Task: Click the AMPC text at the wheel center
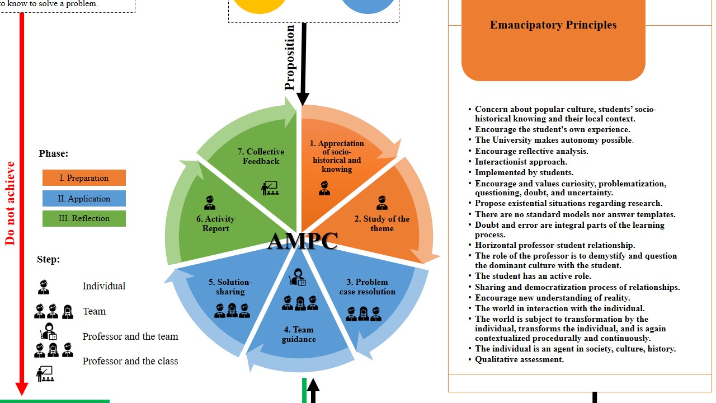tap(303, 241)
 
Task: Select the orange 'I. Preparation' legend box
tap(84, 178)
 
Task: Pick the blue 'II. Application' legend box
tap(84, 199)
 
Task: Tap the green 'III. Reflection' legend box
tap(84, 218)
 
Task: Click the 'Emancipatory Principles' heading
tap(553, 25)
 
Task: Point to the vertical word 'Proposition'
tap(289, 57)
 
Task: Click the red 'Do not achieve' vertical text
tap(10, 203)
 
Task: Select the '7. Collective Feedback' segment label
tap(261, 156)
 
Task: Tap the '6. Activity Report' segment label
tap(215, 223)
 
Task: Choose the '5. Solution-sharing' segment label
tap(230, 287)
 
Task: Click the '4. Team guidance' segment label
tap(299, 334)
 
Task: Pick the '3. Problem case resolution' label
tap(367, 287)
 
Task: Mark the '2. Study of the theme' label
tap(382, 223)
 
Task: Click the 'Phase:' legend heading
tap(54, 153)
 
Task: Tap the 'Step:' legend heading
tap(48, 259)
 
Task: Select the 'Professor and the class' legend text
tap(130, 361)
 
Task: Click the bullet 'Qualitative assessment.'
tap(519, 359)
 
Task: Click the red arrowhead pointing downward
tap(22, 388)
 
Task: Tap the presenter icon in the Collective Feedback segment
tap(270, 188)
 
